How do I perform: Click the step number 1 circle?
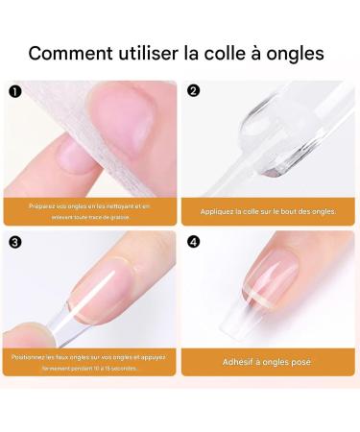point(14,92)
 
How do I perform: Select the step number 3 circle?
point(14,242)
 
